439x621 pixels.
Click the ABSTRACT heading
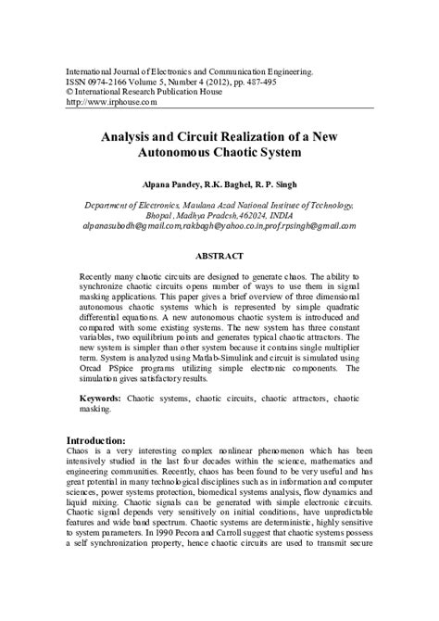[x=219, y=256]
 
